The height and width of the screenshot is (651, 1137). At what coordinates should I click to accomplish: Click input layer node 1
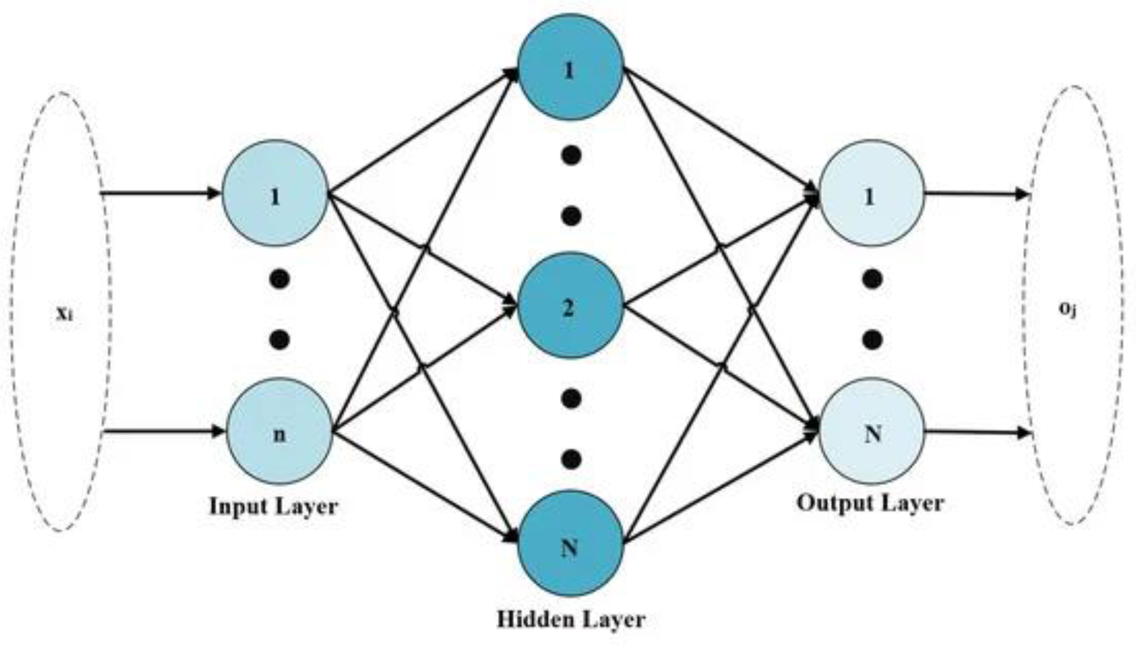click(275, 193)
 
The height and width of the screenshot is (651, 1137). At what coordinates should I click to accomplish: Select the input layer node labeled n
click(279, 432)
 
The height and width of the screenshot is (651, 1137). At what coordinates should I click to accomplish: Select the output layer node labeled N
click(872, 432)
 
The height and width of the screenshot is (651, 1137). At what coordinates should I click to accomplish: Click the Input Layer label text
click(274, 506)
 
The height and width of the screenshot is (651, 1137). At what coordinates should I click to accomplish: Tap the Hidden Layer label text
click(571, 619)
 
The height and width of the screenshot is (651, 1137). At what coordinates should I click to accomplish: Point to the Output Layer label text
click(870, 503)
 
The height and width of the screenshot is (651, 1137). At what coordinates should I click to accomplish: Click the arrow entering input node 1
click(161, 193)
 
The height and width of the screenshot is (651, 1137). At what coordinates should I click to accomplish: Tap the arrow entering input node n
click(164, 432)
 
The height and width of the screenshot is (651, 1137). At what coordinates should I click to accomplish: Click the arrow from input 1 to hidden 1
click(423, 131)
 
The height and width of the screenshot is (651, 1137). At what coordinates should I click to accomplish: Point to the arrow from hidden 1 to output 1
click(720, 131)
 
